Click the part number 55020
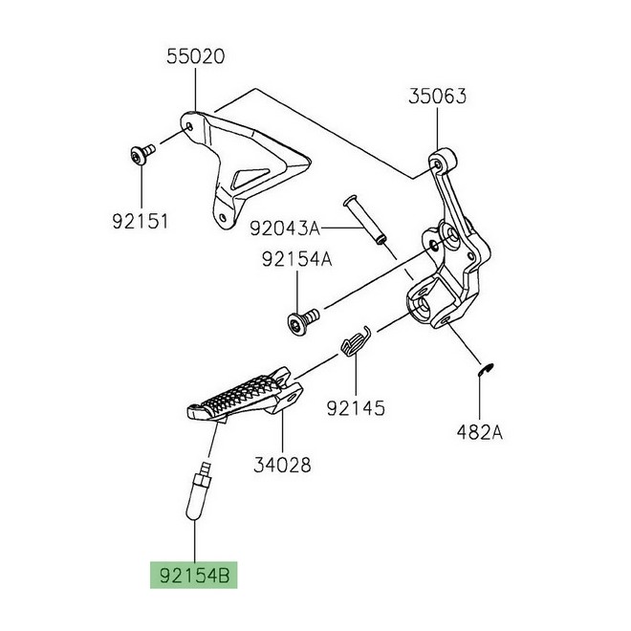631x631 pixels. tap(196, 56)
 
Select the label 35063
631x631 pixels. tap(438, 97)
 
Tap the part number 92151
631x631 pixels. tap(140, 222)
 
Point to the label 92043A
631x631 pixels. tap(285, 228)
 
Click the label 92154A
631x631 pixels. tap(297, 259)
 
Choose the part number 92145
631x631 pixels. tap(356, 408)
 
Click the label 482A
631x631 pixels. tap(480, 432)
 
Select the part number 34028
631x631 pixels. tap(282, 465)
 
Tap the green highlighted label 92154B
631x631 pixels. tap(194, 575)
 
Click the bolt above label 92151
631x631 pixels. tap(142, 155)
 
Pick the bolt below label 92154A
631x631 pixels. tap(303, 319)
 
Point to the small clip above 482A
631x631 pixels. tap(486, 370)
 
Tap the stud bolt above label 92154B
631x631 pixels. tap(199, 490)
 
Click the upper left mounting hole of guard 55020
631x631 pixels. tap(189, 127)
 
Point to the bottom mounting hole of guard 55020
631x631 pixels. tap(223, 217)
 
